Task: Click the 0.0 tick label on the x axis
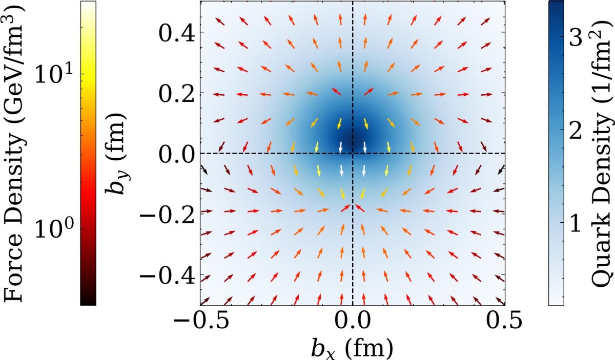352,323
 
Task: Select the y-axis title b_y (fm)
118,153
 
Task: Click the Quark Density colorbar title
603,153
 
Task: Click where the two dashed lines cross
353,154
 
